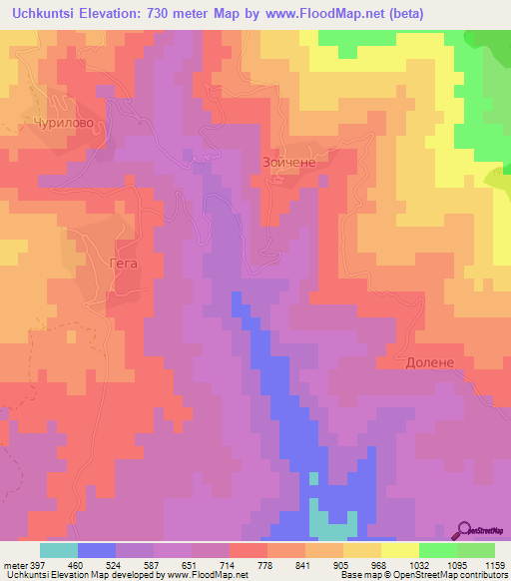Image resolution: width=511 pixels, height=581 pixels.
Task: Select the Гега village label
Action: pos(121,265)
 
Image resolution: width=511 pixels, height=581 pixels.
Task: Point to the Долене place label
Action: pos(429,363)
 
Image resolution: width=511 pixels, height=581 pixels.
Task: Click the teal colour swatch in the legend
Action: pos(58,550)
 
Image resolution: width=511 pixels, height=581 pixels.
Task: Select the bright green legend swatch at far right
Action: pos(475,550)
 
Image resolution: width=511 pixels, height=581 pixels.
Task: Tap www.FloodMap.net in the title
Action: pos(344,13)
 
